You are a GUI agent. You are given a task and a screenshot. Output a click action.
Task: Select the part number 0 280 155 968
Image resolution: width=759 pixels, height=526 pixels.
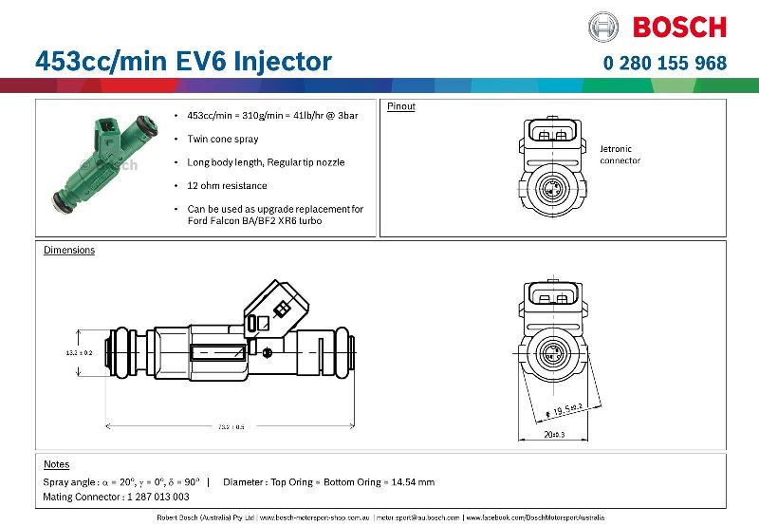pyautogui.click(x=665, y=64)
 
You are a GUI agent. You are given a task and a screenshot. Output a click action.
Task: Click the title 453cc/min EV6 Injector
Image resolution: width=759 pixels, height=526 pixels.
pyautogui.click(x=183, y=61)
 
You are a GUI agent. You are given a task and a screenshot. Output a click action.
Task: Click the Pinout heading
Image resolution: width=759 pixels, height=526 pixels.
pyautogui.click(x=401, y=106)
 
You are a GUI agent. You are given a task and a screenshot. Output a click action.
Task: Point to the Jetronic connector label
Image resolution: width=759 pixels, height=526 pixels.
pyautogui.click(x=620, y=155)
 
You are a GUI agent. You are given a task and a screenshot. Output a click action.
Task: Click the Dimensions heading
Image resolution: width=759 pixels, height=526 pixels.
pyautogui.click(x=69, y=251)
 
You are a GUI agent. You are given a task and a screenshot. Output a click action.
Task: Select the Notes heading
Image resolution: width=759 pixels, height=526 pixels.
pyautogui.click(x=57, y=464)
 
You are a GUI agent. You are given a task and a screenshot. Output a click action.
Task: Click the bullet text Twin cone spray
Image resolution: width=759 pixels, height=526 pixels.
pyautogui.click(x=223, y=139)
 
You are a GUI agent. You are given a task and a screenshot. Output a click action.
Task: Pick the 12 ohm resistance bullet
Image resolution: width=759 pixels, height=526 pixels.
pyautogui.click(x=228, y=185)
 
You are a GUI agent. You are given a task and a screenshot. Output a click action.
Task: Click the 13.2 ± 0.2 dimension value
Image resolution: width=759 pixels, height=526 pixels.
pyautogui.click(x=78, y=352)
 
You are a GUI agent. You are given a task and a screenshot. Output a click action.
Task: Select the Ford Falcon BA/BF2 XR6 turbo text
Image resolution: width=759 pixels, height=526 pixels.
pyautogui.click(x=254, y=220)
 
